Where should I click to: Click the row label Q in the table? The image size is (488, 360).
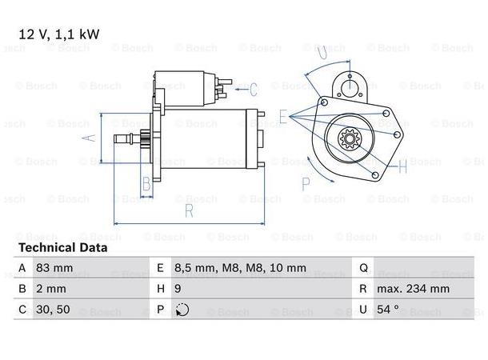362,268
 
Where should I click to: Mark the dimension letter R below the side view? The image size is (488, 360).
189,212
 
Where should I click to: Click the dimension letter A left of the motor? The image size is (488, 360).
90,137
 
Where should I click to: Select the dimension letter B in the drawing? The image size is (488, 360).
146,186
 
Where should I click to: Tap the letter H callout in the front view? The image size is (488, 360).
403,166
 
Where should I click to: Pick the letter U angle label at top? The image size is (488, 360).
320,53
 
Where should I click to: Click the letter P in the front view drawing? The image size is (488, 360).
306,183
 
